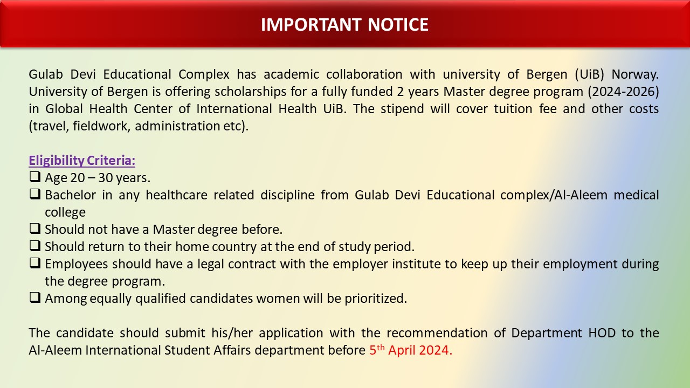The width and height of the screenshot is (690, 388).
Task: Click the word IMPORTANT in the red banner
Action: (x=311, y=25)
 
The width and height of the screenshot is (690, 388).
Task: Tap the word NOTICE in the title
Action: (x=398, y=25)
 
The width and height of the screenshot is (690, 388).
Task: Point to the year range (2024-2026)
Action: (x=623, y=92)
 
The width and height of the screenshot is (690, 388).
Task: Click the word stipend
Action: (x=402, y=109)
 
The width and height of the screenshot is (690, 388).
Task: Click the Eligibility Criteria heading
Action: (x=82, y=161)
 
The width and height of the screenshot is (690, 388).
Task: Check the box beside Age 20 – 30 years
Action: (x=35, y=177)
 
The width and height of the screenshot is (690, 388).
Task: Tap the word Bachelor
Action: (x=70, y=195)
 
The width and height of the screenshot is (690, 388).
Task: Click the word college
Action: (x=65, y=212)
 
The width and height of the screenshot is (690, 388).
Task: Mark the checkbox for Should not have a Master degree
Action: (x=35, y=228)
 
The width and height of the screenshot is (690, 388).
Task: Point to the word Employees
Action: (x=77, y=264)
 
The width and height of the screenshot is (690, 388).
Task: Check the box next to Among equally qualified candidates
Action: (x=35, y=297)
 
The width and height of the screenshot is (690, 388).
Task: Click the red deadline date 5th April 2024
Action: (x=411, y=350)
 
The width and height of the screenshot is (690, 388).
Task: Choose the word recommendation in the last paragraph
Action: (x=437, y=333)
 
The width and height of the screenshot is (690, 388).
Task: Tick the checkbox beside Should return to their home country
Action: (x=35, y=246)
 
